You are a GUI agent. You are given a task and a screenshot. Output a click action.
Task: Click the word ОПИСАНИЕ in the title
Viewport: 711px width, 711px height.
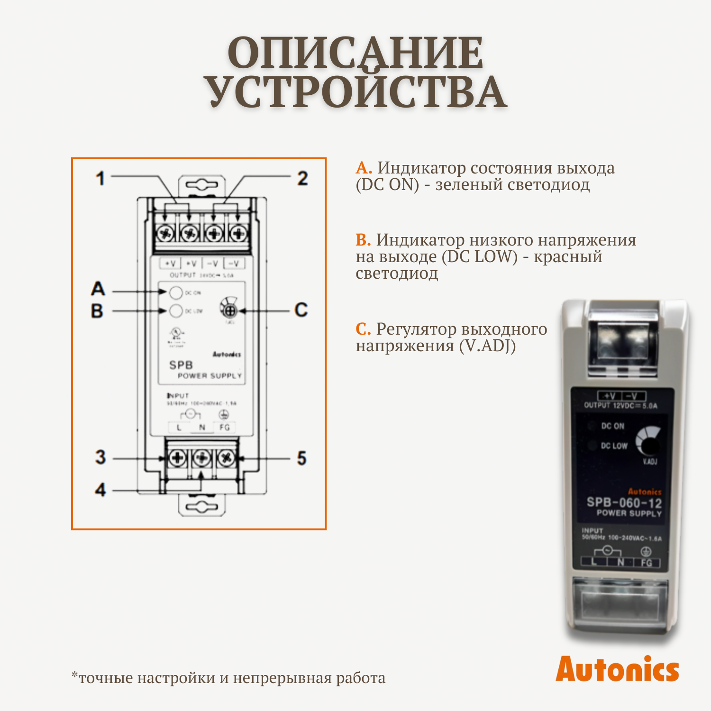point(355,53)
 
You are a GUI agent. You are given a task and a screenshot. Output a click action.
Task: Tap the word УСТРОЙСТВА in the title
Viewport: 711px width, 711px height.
point(355,92)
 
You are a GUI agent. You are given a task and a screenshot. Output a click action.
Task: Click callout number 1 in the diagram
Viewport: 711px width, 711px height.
point(100,179)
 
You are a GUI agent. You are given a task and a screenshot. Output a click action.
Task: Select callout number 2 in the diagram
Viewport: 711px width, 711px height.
point(302,179)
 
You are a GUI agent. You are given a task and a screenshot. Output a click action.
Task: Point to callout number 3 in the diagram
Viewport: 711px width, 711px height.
point(100,457)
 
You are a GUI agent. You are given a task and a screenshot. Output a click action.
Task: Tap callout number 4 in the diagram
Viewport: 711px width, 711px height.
point(100,490)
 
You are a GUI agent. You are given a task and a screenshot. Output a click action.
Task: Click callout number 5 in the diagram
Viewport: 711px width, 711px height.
point(302,458)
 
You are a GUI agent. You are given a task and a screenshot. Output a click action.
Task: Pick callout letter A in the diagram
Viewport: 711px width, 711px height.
point(98,289)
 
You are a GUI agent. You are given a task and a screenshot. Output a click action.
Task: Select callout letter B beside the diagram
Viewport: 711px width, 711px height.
point(97,311)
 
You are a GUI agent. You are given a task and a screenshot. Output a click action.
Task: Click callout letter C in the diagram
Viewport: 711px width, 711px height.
point(301,310)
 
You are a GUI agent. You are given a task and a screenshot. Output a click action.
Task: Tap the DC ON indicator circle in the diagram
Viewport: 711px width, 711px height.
point(176,293)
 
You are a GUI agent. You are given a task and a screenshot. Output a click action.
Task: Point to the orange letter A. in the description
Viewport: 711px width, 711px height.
point(364,168)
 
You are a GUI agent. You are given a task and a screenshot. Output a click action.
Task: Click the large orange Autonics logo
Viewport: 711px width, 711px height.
point(617,669)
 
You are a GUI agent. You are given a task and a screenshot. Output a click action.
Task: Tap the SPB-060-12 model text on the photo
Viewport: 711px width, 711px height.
point(624,502)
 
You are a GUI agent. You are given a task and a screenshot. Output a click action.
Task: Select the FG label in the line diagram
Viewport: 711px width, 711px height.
point(225,427)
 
